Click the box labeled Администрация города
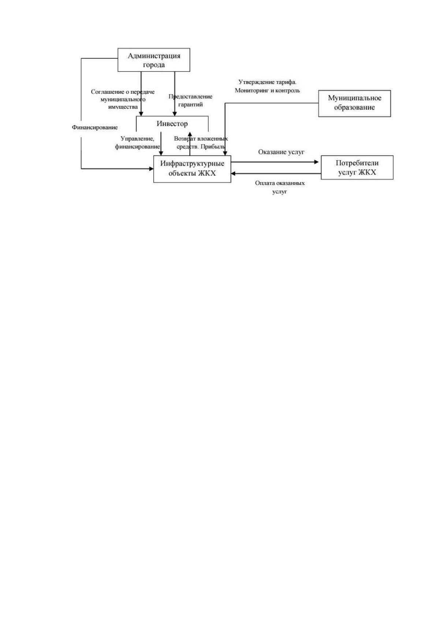tap(154, 60)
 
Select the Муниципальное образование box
tap(354, 104)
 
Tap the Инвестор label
tap(172, 124)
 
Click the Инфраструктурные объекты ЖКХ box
tap(192, 169)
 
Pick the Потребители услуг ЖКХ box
tap(357, 167)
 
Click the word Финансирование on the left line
tap(95, 127)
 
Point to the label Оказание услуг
tap(281, 152)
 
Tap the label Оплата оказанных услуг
tap(280, 187)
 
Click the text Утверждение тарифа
tap(267, 82)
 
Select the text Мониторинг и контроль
tap(267, 90)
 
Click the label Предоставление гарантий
tap(190, 100)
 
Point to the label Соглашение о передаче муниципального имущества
tap(123, 99)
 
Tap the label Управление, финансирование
tap(137, 143)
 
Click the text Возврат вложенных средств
tap(201, 143)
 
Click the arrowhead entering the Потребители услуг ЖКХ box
tap(316, 162)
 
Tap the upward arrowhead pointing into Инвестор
tap(190, 134)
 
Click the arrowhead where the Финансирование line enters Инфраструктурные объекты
tap(151, 169)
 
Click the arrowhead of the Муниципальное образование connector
tap(225, 153)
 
